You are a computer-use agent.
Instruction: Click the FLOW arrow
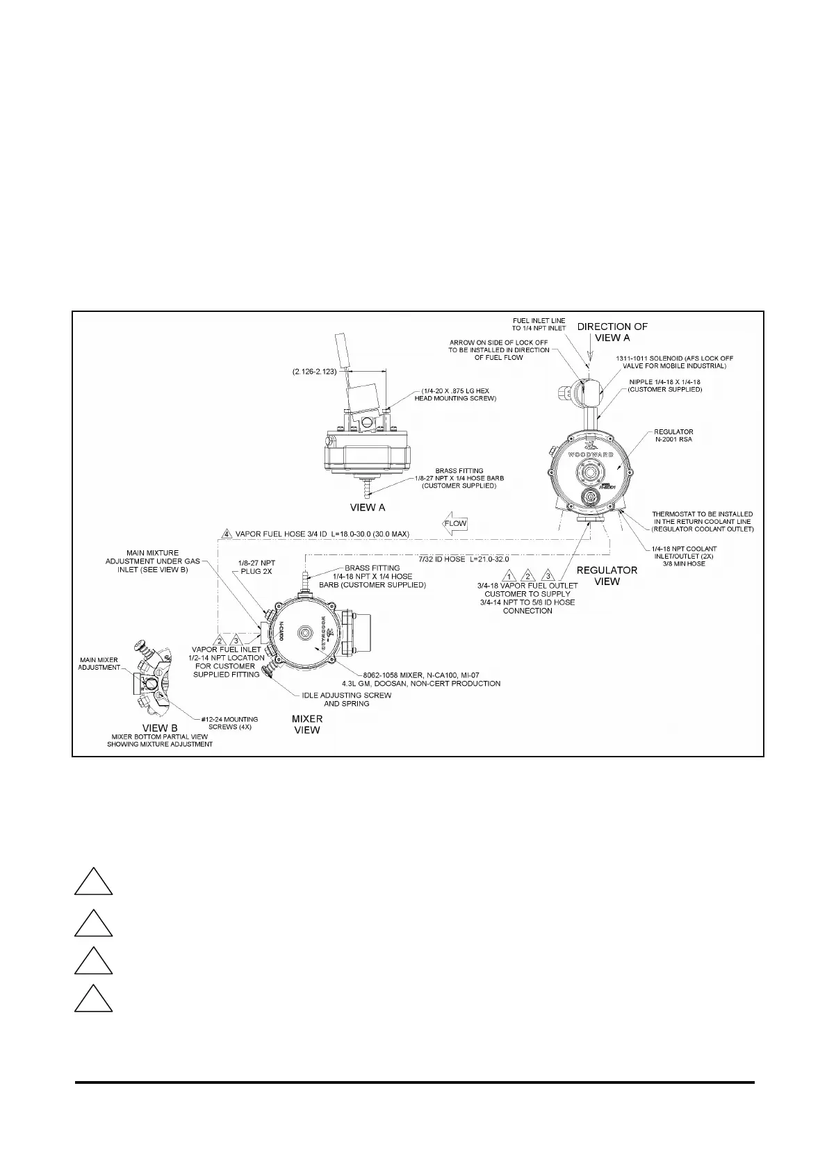(455, 524)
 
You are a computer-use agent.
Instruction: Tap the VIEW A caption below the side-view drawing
(368, 508)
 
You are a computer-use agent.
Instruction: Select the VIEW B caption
(160, 729)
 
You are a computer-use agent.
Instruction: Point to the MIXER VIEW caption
(306, 724)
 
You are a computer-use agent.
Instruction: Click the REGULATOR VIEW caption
(607, 575)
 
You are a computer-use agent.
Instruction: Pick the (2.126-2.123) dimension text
(314, 372)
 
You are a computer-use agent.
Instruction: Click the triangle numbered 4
(227, 534)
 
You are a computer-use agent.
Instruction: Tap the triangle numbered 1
(509, 576)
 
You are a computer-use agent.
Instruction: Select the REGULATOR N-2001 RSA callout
(673, 436)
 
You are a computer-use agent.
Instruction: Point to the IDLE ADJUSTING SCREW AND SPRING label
(346, 699)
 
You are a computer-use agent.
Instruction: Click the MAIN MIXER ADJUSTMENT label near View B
(98, 664)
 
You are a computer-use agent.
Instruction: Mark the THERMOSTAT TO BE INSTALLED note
(702, 522)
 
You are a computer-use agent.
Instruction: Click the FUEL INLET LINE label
(539, 324)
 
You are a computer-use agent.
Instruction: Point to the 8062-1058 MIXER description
(432, 679)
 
